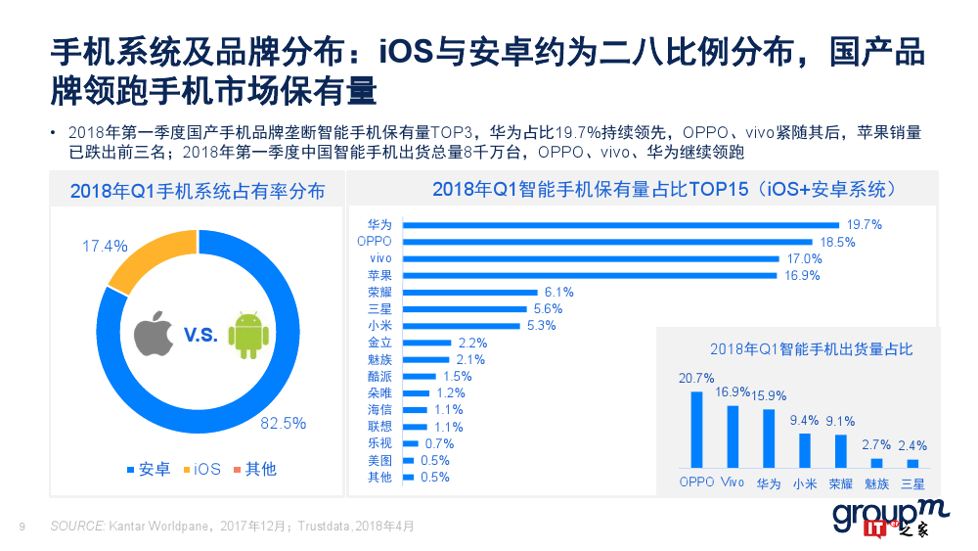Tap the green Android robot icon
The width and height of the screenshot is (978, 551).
pos(246,334)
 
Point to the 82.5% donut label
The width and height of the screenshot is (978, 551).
pos(283,424)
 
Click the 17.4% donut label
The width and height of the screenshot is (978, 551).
pos(105,247)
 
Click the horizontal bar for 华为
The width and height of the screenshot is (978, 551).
pos(621,224)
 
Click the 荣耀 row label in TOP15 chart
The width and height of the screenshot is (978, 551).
pos(379,292)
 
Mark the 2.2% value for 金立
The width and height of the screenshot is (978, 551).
pos(472,343)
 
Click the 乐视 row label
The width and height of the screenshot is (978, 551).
pos(379,443)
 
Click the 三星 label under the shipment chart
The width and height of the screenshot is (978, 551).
pos(912,482)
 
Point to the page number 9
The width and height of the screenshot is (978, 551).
pos(22,527)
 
